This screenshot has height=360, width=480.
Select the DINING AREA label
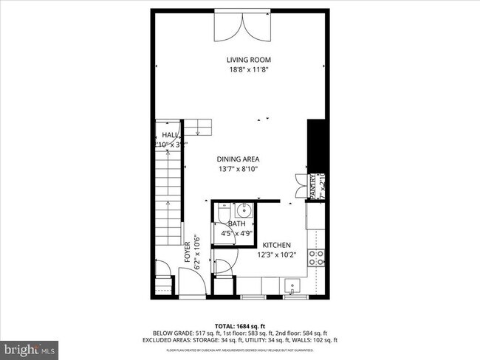(x=238, y=159)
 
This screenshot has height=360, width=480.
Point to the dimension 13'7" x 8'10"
(x=238, y=169)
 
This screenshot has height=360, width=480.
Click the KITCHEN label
(x=273, y=245)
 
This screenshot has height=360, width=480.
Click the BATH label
(x=236, y=224)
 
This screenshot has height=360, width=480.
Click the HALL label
(x=169, y=135)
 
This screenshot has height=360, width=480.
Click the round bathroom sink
(x=244, y=210)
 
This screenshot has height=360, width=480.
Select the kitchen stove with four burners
(x=316, y=258)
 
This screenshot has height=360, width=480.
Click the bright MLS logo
(x=30, y=347)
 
